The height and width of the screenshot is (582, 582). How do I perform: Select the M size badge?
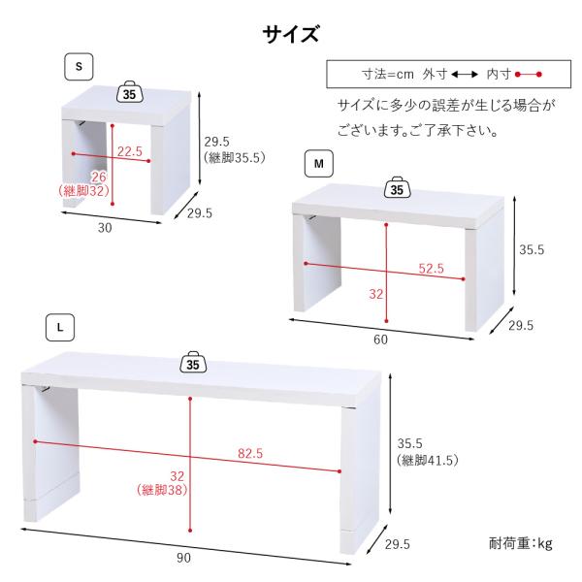click(318, 163)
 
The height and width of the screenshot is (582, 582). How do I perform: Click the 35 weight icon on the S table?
click(131, 93)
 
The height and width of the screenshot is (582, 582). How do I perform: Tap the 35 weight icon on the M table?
click(396, 188)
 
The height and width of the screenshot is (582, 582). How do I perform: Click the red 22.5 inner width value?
click(130, 151)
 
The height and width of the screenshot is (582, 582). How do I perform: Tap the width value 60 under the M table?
click(380, 339)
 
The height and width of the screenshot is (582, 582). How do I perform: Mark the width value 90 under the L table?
click(184, 558)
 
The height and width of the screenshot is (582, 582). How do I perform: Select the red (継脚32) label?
click(83, 191)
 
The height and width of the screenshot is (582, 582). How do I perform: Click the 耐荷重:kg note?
click(519, 542)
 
